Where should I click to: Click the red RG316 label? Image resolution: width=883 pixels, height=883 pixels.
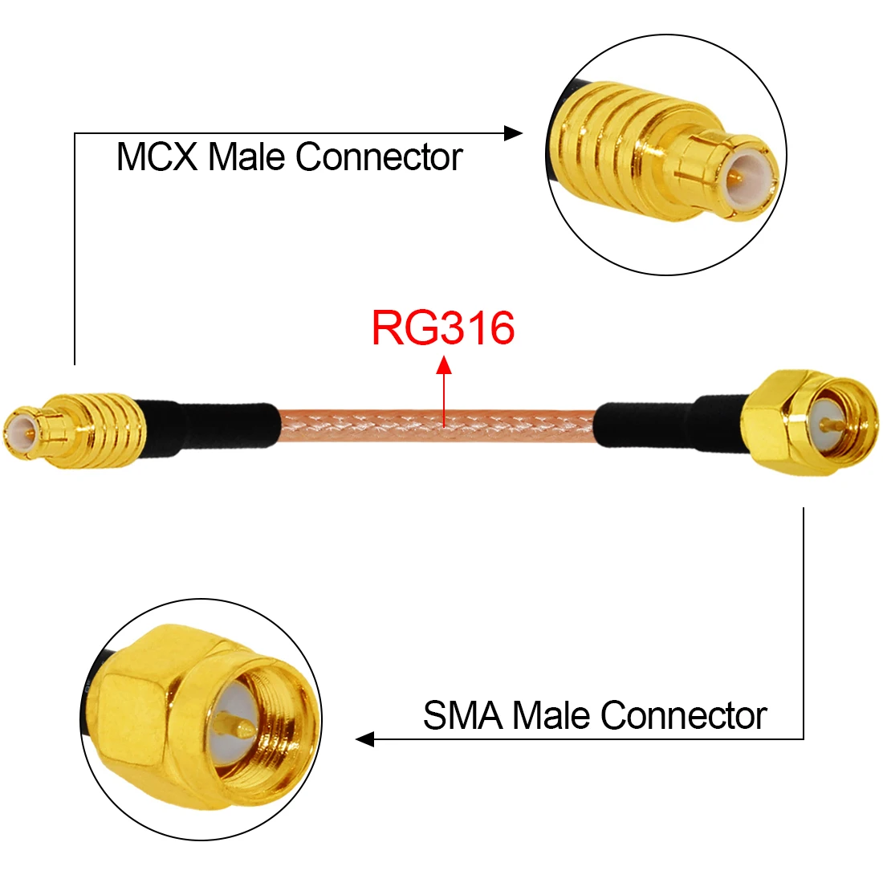coord(442,328)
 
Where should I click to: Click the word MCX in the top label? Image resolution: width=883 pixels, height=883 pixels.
coord(157,157)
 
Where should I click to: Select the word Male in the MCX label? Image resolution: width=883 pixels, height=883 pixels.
coord(247,157)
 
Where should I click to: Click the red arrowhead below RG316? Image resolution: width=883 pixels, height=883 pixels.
coord(443,365)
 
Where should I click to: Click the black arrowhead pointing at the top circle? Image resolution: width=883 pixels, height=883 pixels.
coord(513,133)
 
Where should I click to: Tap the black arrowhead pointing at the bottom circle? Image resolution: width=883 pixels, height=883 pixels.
coord(365,739)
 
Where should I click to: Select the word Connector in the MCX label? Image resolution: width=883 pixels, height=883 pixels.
coord(379,157)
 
